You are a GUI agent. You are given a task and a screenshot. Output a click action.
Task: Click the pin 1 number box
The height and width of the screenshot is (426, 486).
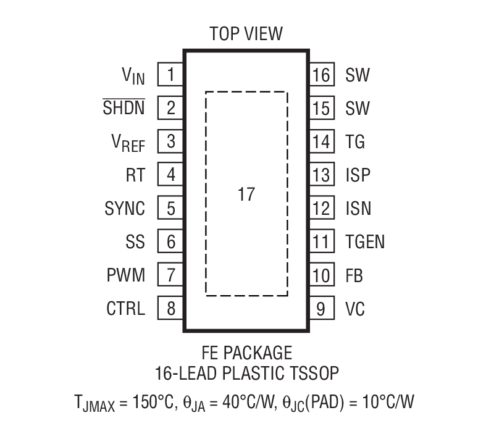coord(170,75)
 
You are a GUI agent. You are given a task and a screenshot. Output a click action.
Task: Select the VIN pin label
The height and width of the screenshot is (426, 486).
coord(133,76)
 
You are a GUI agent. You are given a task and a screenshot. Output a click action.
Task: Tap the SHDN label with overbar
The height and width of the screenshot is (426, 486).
coord(124,109)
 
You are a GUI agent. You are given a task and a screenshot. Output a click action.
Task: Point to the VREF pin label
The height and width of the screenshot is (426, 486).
coord(128,143)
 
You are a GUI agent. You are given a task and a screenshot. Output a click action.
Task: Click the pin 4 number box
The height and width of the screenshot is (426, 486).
coord(170,175)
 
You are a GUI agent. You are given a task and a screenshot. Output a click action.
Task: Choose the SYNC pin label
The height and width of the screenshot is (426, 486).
coord(125,209)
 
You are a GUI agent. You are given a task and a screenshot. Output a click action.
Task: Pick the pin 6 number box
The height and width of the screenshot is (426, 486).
coord(170,241)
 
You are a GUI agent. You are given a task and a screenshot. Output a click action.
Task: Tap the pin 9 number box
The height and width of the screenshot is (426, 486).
coord(321,308)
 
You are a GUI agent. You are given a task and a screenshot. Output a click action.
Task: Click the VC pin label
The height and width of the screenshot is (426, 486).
coord(355,308)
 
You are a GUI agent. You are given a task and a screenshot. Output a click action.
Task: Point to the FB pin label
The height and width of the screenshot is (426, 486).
coord(354,275)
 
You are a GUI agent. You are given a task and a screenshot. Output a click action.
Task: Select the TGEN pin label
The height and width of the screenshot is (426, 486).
coord(365,241)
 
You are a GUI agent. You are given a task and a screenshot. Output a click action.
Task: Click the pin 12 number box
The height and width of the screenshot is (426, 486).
coord(321,209)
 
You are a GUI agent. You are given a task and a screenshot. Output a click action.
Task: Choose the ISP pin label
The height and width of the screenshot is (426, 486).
coord(358,175)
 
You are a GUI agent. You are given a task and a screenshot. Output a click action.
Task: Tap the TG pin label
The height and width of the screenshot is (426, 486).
coord(355,142)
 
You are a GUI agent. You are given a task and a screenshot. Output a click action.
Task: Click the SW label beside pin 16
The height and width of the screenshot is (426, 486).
coord(358,76)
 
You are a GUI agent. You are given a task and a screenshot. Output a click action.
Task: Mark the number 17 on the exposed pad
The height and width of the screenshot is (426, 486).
coord(246,194)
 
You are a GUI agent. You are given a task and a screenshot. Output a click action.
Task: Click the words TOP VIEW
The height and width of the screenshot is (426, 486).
coord(246,33)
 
